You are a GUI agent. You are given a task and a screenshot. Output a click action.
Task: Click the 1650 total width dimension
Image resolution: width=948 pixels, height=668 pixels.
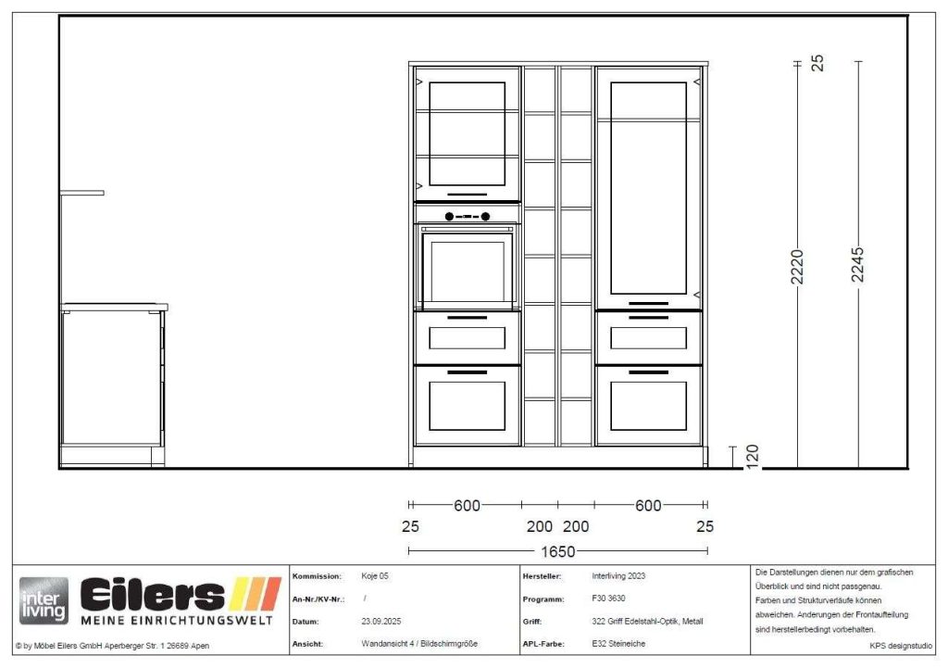557,551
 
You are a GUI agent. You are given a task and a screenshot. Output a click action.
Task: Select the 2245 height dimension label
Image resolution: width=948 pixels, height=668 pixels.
857,264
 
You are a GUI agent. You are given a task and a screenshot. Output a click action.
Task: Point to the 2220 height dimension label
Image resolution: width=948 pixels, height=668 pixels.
797,266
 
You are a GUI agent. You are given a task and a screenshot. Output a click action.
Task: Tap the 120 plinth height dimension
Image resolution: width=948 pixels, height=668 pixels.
752,456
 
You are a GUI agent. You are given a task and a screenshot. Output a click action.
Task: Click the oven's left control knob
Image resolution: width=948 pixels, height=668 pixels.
449,217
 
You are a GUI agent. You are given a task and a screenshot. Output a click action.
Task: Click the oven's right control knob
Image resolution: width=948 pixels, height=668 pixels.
485,217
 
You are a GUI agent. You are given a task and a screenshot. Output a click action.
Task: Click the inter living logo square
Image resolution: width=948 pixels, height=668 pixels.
44,601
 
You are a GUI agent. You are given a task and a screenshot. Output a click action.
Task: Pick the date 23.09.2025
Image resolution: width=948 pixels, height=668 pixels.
380,622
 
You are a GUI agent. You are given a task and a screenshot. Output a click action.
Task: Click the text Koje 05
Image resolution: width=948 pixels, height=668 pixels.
375,576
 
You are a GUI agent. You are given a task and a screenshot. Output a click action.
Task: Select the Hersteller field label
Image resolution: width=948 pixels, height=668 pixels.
542,576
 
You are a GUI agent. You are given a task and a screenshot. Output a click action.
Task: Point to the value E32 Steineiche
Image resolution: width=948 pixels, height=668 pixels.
618,644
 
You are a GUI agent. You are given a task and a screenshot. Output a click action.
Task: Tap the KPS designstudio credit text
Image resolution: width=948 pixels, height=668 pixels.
901,646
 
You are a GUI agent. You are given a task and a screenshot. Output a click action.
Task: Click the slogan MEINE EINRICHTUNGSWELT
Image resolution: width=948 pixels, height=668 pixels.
177,621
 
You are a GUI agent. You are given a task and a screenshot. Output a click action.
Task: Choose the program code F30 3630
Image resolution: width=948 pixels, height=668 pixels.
609,599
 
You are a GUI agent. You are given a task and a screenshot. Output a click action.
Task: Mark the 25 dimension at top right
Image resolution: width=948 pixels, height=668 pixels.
817,63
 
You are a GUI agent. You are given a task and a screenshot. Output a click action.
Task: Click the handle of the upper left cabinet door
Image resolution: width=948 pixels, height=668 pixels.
467,195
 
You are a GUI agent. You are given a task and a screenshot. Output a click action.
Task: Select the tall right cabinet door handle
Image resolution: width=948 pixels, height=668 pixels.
648,303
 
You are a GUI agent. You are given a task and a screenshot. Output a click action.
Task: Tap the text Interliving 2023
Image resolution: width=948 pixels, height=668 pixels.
618,576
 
